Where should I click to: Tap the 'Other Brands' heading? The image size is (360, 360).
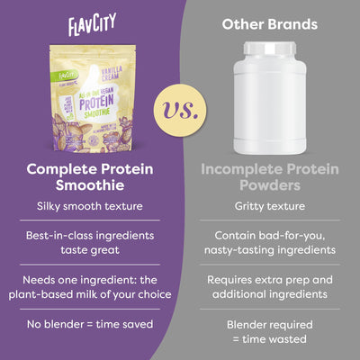268,23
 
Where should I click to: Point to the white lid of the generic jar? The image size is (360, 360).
269,48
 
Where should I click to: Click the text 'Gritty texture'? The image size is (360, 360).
269,205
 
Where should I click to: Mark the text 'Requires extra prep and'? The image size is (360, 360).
269,279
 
